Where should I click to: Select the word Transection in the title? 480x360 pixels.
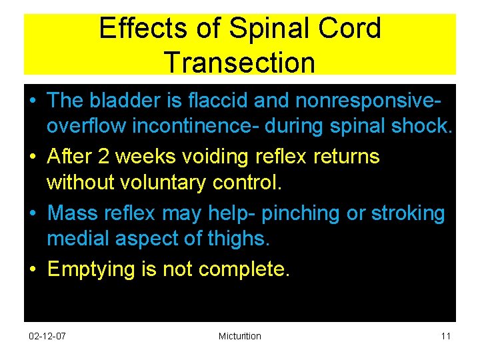239,62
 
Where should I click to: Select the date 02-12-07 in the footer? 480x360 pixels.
48,336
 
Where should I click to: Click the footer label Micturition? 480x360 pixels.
239,336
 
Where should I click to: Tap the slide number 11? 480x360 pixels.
445,336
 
